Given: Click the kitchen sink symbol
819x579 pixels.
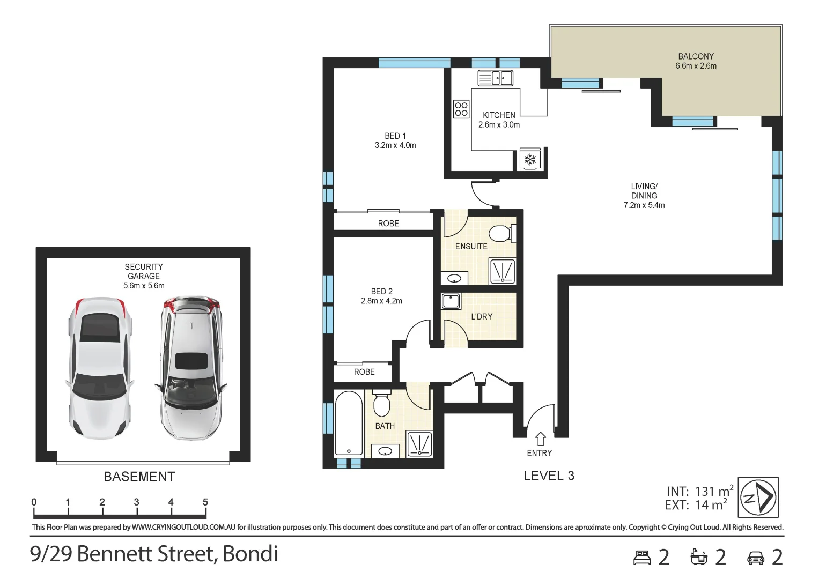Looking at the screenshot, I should (x=495, y=78).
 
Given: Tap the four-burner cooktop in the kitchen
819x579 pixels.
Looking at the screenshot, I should (x=461, y=109).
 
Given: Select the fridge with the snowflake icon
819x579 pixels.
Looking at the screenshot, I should (x=530, y=159).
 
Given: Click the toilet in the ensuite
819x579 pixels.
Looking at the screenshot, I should (x=501, y=234).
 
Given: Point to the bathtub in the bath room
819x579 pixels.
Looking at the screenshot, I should (x=349, y=423).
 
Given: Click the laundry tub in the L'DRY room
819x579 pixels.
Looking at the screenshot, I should (x=451, y=301).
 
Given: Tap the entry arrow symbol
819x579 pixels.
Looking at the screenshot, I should (x=540, y=439).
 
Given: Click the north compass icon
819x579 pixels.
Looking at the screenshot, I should (x=758, y=498).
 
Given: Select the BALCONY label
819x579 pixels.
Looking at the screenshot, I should (x=696, y=56).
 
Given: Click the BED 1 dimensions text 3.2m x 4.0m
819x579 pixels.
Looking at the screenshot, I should (x=395, y=145).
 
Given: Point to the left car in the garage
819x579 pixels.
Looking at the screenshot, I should (x=99, y=367).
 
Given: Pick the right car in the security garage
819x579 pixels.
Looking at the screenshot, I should (x=191, y=367).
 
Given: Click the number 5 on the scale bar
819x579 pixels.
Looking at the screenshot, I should (x=205, y=502).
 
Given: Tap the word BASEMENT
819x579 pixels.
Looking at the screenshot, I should (x=139, y=477).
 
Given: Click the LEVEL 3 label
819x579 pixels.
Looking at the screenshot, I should (x=549, y=476).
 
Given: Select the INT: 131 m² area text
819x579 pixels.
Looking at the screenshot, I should (x=699, y=491).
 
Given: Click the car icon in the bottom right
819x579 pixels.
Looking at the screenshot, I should (x=755, y=558).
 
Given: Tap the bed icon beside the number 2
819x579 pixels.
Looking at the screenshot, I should (x=642, y=558).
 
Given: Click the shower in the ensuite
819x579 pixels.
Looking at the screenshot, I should (x=503, y=271).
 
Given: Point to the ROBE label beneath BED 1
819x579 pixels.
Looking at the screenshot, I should (x=388, y=224).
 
